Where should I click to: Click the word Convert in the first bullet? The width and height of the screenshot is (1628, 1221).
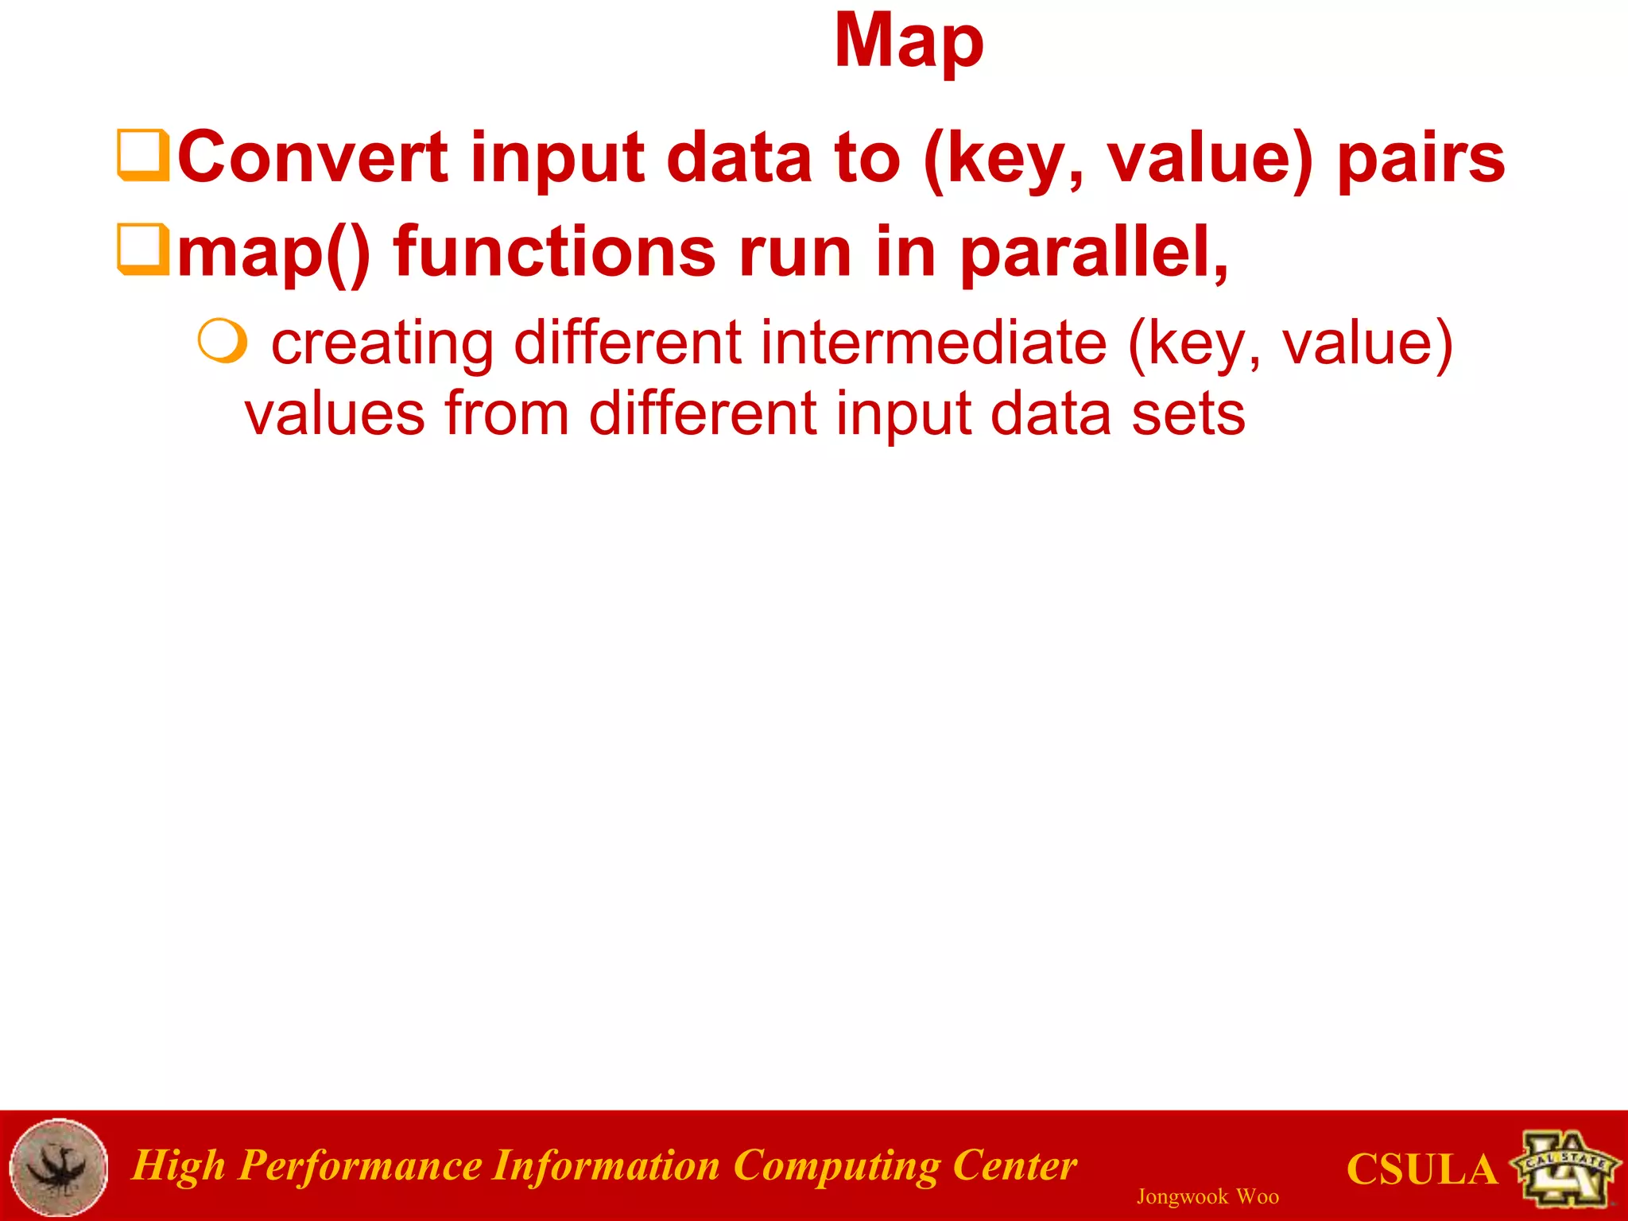312,157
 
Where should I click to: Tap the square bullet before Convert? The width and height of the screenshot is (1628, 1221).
142,155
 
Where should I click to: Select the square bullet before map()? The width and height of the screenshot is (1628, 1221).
142,249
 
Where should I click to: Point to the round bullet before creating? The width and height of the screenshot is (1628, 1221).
222,341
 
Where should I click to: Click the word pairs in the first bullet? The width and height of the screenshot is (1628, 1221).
1421,158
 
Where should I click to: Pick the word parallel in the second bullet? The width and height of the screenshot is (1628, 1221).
1093,253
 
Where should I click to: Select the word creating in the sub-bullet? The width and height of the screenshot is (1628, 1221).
382,344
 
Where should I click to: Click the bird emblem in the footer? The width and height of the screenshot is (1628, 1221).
59,1167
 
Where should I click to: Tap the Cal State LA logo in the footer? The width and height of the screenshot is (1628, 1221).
1565,1167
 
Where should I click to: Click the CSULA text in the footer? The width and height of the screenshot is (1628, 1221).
1421,1169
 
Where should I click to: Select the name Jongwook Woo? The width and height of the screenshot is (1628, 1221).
1207,1196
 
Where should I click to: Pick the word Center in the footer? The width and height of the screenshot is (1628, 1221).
1014,1165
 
